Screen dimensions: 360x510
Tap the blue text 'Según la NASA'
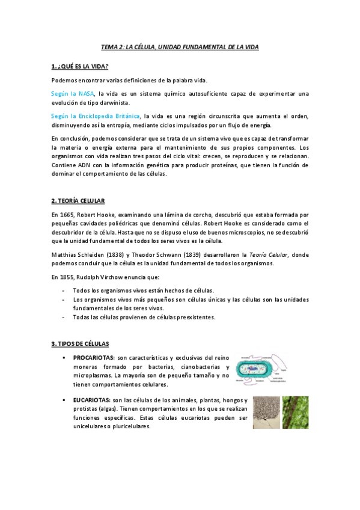click(x=73, y=93)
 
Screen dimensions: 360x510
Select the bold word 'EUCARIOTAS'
click(x=91, y=401)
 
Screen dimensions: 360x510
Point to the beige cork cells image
click(x=266, y=412)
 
